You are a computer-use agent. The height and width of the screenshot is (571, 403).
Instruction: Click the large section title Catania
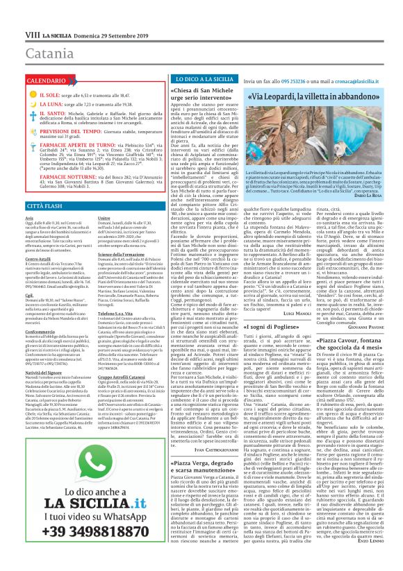tap(29, 33)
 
